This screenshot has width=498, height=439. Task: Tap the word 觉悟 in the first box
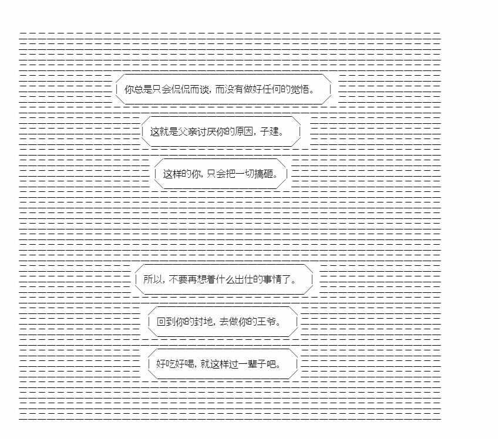(x=300, y=90)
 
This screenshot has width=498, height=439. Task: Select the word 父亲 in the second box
(x=188, y=131)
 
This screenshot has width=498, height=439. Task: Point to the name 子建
(x=270, y=131)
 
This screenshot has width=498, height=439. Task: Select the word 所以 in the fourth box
(x=153, y=279)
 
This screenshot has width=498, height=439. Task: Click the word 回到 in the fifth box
(x=166, y=322)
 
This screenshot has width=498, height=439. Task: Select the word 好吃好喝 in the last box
(x=175, y=364)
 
